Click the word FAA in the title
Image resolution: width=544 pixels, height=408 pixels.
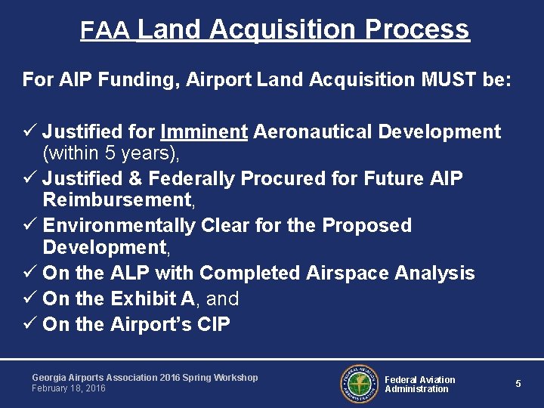coord(107,30)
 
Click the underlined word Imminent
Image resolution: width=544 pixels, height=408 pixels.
coord(204,132)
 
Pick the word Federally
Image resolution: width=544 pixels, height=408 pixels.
coord(193,179)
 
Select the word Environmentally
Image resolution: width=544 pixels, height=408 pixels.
coord(119,226)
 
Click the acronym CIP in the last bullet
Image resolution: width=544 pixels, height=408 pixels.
coord(213,325)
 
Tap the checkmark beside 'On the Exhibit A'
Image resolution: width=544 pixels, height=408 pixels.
coord(29,299)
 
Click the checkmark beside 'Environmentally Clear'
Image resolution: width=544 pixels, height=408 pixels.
coord(29,226)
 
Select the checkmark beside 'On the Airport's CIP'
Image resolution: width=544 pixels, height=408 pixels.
coord(29,325)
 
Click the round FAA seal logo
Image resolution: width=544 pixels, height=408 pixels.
coord(358,384)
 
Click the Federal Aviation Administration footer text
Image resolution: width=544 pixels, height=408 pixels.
coord(419,385)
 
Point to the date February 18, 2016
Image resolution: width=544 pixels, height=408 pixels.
coord(69,388)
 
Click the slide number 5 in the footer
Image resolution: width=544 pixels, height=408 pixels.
coord(518,384)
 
